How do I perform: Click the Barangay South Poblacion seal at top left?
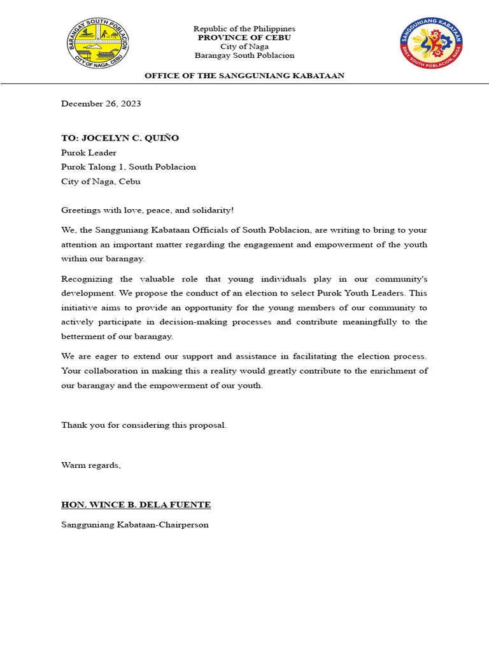tap(99, 44)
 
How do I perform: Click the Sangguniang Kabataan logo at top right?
tap(431, 44)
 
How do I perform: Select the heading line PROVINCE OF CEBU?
tap(244, 38)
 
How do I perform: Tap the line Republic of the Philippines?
tap(244, 29)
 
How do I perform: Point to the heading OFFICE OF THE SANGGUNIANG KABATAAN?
tap(244, 76)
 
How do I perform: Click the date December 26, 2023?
tap(101, 104)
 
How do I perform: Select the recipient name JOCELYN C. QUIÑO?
tap(135, 138)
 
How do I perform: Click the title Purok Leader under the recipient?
tap(89, 153)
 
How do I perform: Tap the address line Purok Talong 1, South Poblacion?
tap(129, 167)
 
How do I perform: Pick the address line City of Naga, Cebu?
tap(101, 181)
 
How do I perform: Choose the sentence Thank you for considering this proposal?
tap(144, 425)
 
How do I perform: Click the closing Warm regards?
tap(91, 465)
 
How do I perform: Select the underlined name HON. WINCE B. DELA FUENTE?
tap(136, 505)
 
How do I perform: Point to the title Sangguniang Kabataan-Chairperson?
tap(134, 525)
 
